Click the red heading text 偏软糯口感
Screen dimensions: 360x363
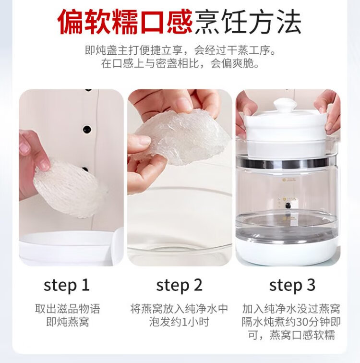pos(125,21)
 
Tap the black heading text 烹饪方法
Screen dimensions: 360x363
pos(248,22)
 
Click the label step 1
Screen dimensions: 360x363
pos(67,285)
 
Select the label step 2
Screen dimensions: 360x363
pos(180,285)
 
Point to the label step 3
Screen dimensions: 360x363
pos(292,285)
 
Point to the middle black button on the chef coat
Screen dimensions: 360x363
pos(87,129)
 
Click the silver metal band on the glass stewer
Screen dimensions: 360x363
pos(286,163)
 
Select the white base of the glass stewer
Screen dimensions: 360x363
pos(287,251)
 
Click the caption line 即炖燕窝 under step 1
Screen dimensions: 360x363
pos(68,322)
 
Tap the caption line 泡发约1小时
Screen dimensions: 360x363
pos(180,322)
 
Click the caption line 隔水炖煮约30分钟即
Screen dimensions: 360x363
pos(291,322)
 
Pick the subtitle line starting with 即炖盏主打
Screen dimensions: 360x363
pos(180,50)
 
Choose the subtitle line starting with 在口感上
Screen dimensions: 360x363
pos(180,63)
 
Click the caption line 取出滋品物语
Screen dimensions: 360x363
pos(68,309)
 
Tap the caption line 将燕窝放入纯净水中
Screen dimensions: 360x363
pos(180,309)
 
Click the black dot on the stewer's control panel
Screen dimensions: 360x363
pos(288,205)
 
